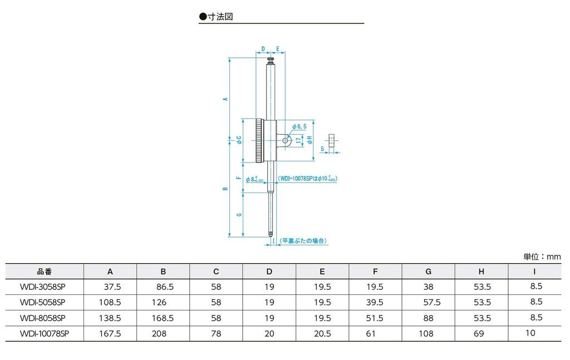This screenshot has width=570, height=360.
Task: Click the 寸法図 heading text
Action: [219, 17]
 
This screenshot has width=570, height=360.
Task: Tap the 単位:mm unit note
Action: [542, 257]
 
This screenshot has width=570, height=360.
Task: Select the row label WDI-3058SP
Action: [43, 286]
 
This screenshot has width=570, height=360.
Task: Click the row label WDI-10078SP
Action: [44, 333]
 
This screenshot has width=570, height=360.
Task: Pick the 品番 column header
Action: [44, 272]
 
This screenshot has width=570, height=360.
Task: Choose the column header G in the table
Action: [428, 272]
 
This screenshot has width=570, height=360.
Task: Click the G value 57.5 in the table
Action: [432, 302]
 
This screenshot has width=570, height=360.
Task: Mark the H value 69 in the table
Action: [479, 333]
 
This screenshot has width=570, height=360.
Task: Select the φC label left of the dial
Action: [238, 140]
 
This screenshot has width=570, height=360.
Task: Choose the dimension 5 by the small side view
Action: [322, 149]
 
